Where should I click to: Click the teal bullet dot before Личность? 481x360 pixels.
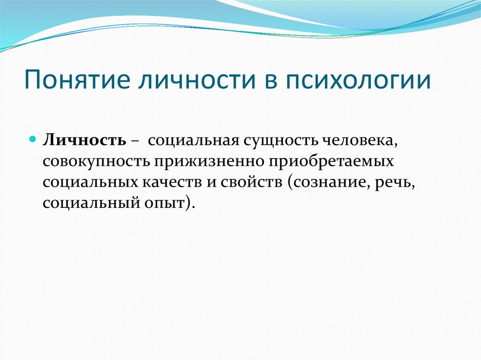coord(33,140)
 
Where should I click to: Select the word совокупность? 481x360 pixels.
coord(96,161)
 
